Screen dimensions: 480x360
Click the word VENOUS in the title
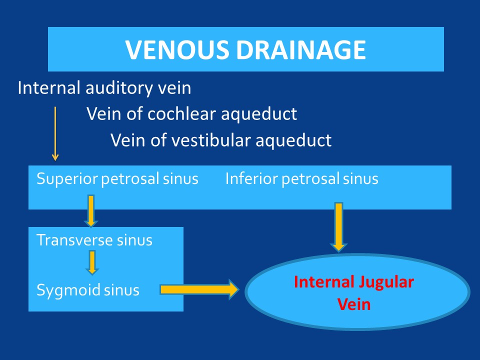177,50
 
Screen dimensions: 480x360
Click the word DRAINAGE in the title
301,50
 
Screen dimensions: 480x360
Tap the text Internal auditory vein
104,88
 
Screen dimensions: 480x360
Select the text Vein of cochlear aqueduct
191,114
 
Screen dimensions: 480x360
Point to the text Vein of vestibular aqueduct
221,140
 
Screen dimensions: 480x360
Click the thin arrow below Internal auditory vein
55,134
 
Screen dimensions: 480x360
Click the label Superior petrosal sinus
117,179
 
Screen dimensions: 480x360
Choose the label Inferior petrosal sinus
302,179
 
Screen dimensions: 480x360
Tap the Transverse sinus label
94,240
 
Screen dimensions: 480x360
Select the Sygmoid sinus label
88,290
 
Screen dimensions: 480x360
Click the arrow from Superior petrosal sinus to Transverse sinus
91,211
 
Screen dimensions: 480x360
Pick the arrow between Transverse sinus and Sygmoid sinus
92,262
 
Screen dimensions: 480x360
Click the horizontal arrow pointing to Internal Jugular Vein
199,289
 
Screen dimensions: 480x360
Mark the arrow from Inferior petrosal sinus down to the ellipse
338,227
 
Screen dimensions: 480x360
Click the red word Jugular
386,282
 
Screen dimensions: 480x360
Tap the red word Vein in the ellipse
354,304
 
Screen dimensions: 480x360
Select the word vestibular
211,140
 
